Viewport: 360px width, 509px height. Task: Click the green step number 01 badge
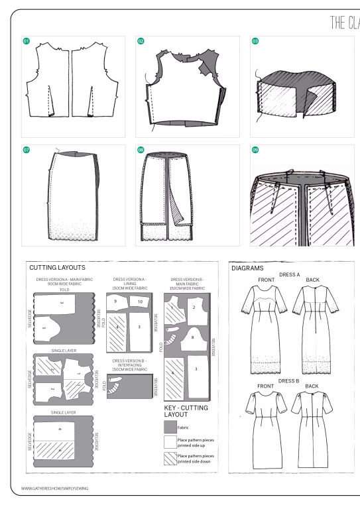click(27, 41)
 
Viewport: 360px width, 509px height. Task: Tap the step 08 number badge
click(141, 150)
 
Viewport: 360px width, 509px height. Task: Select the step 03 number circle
click(255, 41)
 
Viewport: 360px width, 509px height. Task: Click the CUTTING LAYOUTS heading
click(57, 268)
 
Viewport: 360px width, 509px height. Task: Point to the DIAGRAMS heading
click(247, 268)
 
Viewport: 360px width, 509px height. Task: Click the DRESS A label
click(289, 274)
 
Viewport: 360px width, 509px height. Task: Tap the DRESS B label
click(289, 381)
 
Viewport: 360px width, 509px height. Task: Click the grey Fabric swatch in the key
click(170, 427)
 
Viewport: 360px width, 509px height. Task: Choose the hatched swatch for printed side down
click(170, 459)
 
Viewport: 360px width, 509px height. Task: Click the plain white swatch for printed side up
click(170, 443)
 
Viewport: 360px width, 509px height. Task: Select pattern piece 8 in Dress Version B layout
click(192, 337)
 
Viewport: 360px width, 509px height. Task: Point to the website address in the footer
click(55, 488)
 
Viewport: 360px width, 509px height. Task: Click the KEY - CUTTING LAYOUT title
click(186, 411)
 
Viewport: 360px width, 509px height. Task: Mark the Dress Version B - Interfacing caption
click(130, 365)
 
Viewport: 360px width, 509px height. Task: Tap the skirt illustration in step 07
click(73, 196)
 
